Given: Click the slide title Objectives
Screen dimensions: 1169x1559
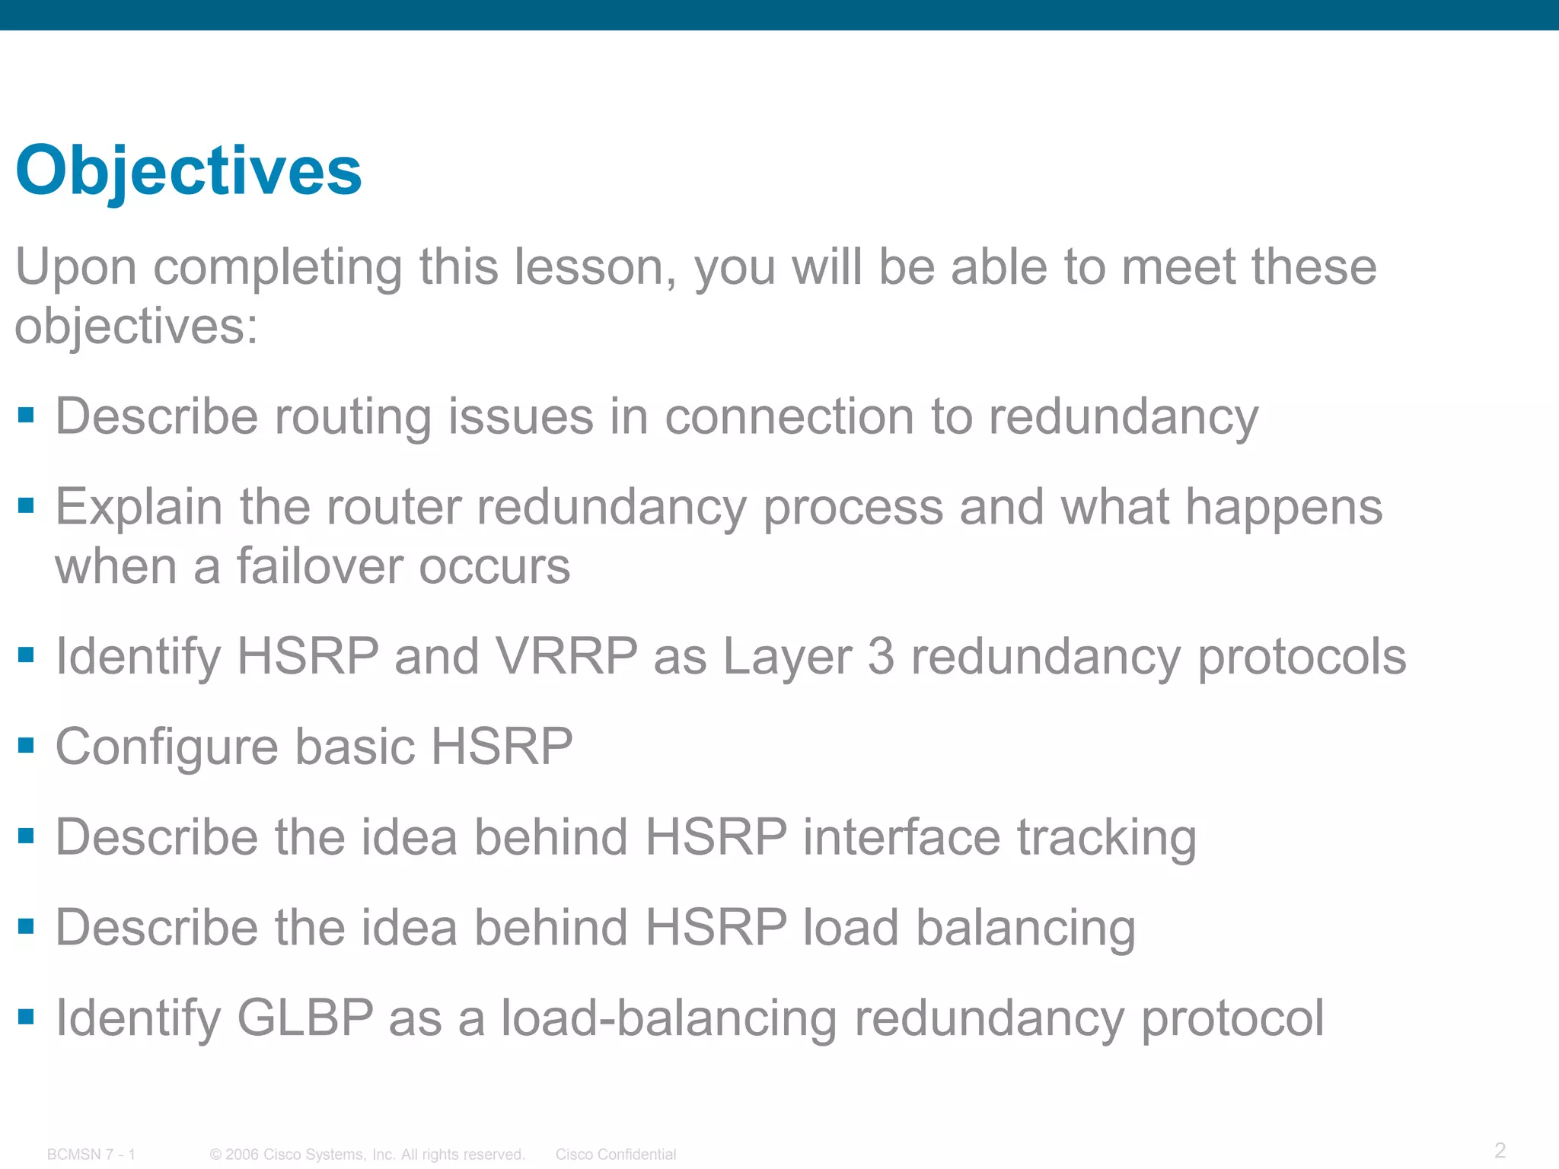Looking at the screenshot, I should pyautogui.click(x=188, y=171).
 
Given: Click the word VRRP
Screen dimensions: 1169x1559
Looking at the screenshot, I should pyautogui.click(x=566, y=656).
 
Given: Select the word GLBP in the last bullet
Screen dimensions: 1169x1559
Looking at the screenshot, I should pyautogui.click(x=305, y=1018).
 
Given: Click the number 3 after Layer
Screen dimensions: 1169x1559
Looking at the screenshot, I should pyautogui.click(x=881, y=656).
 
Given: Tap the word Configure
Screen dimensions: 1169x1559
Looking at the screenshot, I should pyautogui.click(x=167, y=747).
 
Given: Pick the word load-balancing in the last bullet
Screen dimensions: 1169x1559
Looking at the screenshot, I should pyautogui.click(x=669, y=1018).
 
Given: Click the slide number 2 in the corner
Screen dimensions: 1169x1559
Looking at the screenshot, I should pyautogui.click(x=1500, y=1149).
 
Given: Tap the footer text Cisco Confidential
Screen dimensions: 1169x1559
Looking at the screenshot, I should pyautogui.click(x=615, y=1155).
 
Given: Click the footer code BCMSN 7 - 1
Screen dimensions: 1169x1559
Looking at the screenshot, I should pyautogui.click(x=91, y=1155).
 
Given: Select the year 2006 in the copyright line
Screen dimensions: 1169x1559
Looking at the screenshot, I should pyautogui.click(x=242, y=1155).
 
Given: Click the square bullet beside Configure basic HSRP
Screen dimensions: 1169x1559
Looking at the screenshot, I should pyautogui.click(x=27, y=745).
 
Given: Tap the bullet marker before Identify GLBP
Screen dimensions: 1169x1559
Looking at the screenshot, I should pyautogui.click(x=27, y=1016).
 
